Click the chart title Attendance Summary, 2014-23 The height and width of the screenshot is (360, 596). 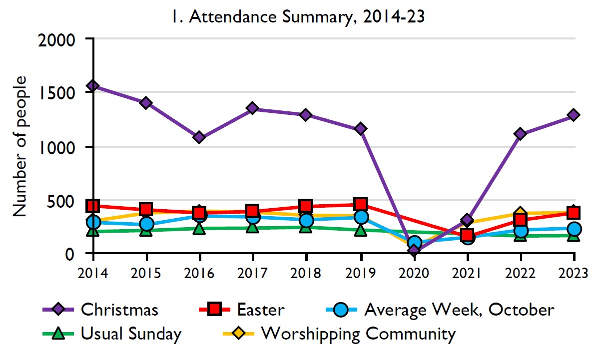point(298,17)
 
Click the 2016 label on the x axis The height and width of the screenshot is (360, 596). point(199,273)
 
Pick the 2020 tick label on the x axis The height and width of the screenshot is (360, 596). point(413,273)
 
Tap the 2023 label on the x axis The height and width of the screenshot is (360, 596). point(573,273)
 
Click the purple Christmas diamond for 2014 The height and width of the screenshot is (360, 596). point(93,86)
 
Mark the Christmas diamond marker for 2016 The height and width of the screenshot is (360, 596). point(199,137)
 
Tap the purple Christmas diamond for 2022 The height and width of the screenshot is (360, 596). point(520,134)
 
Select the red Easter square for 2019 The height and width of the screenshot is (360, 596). point(360,204)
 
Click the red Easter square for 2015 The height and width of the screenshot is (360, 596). point(146,209)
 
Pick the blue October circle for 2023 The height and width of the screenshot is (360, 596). point(574,229)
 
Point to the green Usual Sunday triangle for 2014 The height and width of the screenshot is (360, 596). point(93,230)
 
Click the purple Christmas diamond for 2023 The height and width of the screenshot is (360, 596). point(574,115)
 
